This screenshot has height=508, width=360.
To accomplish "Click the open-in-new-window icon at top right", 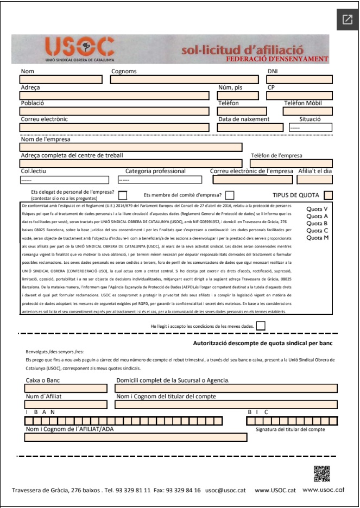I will pyautogui.click(x=347, y=20).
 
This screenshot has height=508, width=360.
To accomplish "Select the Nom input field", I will pyautogui.click(x=61, y=80).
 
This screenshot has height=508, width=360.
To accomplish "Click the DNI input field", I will pyautogui.click(x=299, y=80).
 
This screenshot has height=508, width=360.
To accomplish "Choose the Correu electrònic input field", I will pyautogui.click(x=114, y=128).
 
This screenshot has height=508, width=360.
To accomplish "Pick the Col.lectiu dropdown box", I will pyautogui.click(x=65, y=180).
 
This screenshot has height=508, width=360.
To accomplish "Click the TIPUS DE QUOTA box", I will pyautogui.click(x=328, y=195).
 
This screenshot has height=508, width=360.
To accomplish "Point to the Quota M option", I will pyautogui.click(x=317, y=237).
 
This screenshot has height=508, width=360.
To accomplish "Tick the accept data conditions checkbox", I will pyautogui.click(x=261, y=326).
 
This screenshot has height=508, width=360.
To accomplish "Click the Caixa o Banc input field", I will pyautogui.click(x=66, y=389).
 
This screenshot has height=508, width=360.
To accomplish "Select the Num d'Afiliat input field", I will pyautogui.click(x=66, y=404).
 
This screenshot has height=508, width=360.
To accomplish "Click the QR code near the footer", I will pyautogui.click(x=322, y=474).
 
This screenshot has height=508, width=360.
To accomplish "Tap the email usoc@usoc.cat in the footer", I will pyautogui.click(x=225, y=491).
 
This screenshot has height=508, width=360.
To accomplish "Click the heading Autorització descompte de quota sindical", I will pyautogui.click(x=263, y=344).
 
